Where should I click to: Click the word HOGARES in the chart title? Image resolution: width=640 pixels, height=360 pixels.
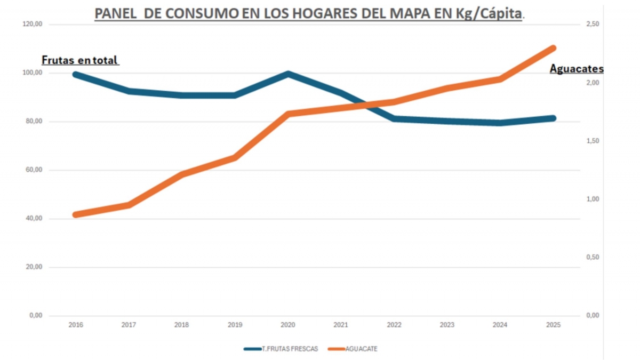pyautogui.click(x=325, y=13)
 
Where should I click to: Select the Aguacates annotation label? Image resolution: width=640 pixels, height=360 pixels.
pyautogui.click(x=577, y=69)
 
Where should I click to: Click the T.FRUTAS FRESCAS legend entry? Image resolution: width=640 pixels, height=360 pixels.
pyautogui.click(x=281, y=349)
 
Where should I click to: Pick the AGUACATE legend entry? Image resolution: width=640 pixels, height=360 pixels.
pyautogui.click(x=353, y=349)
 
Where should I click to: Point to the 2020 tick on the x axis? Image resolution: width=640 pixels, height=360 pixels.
pyautogui.click(x=287, y=325)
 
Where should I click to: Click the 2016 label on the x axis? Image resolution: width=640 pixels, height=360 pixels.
pyautogui.click(x=76, y=325)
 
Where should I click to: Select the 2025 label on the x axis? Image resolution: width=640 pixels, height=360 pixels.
pyautogui.click(x=554, y=325)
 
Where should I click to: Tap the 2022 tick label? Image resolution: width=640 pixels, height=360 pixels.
pyautogui.click(x=394, y=325)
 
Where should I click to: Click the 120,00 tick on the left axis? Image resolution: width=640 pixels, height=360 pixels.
pyautogui.click(x=33, y=24)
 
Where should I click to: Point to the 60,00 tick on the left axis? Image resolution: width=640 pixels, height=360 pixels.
pyautogui.click(x=34, y=170)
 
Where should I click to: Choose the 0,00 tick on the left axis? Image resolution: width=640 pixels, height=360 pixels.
pyautogui.click(x=36, y=315)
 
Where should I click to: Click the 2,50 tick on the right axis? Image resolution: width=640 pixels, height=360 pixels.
pyautogui.click(x=593, y=24)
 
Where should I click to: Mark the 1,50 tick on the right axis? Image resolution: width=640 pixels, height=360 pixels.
pyautogui.click(x=593, y=141)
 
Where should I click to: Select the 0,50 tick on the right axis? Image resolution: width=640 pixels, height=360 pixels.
pyautogui.click(x=593, y=257)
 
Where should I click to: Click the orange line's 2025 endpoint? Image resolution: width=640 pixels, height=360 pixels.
pyautogui.click(x=553, y=48)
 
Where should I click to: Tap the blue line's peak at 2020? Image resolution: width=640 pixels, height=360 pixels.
pyautogui.click(x=288, y=74)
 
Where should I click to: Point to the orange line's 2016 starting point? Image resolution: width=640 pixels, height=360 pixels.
pyautogui.click(x=76, y=214)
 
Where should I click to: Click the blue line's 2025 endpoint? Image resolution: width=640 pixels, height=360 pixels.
pyautogui.click(x=553, y=118)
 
